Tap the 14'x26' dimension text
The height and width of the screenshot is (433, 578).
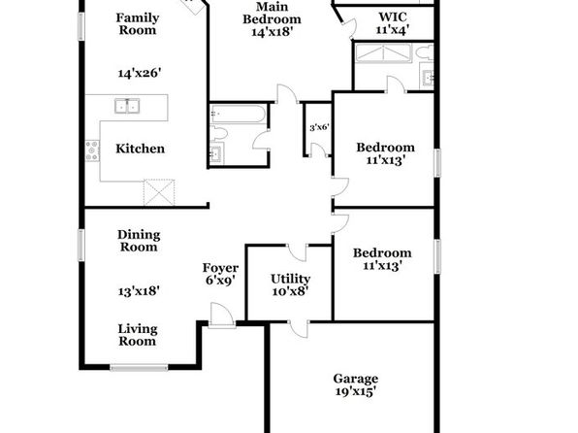click(140, 73)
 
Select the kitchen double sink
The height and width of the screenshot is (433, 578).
click(127, 106)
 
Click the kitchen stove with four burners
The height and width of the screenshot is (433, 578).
click(92, 150)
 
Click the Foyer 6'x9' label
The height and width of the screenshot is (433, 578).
click(220, 274)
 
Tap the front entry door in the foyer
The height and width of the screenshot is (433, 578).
click(221, 316)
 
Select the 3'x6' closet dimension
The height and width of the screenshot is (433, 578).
click(319, 128)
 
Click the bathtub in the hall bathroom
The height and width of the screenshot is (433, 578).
click(237, 114)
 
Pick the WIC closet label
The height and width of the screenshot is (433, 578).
click(393, 23)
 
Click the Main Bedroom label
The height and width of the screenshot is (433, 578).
click(273, 18)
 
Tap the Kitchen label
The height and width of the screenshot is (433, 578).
click(140, 149)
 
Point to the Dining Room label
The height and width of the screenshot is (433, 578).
click(139, 241)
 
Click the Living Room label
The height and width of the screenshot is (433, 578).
click(138, 335)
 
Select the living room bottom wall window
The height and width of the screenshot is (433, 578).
click(139, 367)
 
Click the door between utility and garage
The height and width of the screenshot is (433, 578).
click(299, 328)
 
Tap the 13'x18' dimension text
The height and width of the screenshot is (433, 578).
click(139, 291)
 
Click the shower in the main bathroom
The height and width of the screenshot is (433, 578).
click(383, 53)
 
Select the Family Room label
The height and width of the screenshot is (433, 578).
click(138, 23)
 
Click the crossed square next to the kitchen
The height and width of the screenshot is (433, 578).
click(159, 192)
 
